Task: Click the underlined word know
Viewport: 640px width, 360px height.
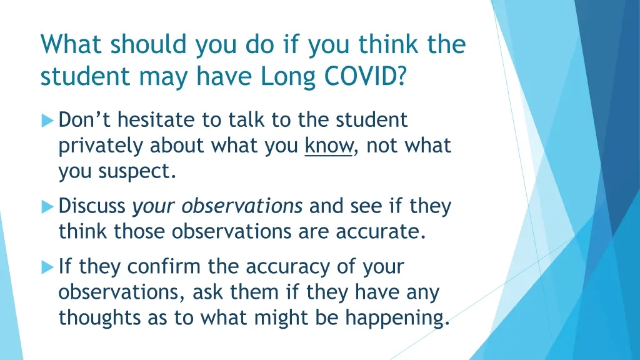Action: [x=328, y=145]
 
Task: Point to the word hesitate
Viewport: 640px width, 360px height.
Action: [x=157, y=119]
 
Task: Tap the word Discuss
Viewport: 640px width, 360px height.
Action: [x=92, y=206]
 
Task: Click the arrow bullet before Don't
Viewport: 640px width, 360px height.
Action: [x=47, y=119]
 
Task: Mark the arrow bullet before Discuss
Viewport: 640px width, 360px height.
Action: [x=47, y=206]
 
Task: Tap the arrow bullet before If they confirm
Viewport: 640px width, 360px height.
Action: [x=47, y=267]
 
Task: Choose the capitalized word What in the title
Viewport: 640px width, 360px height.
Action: [x=70, y=46]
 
